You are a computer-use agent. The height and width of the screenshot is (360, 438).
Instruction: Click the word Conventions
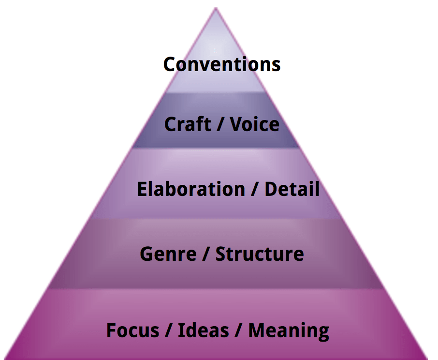pyautogui.click(x=222, y=64)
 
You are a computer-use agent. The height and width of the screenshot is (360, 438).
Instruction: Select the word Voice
pyautogui.click(x=254, y=124)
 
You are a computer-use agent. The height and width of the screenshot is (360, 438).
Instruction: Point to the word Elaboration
pyautogui.click(x=190, y=189)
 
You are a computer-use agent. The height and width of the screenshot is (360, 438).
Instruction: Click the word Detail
pyautogui.click(x=292, y=189)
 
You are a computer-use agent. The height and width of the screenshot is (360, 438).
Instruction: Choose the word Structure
pyautogui.click(x=259, y=254)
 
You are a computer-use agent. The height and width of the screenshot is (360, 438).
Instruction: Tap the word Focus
pyautogui.click(x=132, y=330)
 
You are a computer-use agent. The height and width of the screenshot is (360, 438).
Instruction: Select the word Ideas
pyautogui.click(x=203, y=330)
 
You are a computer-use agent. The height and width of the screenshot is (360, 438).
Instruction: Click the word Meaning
pyautogui.click(x=289, y=330)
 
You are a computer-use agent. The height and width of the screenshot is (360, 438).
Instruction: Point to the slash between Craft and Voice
pyautogui.click(x=222, y=125)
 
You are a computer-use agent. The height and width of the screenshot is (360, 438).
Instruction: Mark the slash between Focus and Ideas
pyautogui.click(x=168, y=331)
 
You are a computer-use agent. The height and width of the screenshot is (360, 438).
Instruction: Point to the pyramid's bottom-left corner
pyautogui.click(x=4, y=358)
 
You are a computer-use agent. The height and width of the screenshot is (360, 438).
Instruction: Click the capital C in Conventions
pyautogui.click(x=169, y=64)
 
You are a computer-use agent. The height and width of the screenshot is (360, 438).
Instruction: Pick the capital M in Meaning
pyautogui.click(x=257, y=330)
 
